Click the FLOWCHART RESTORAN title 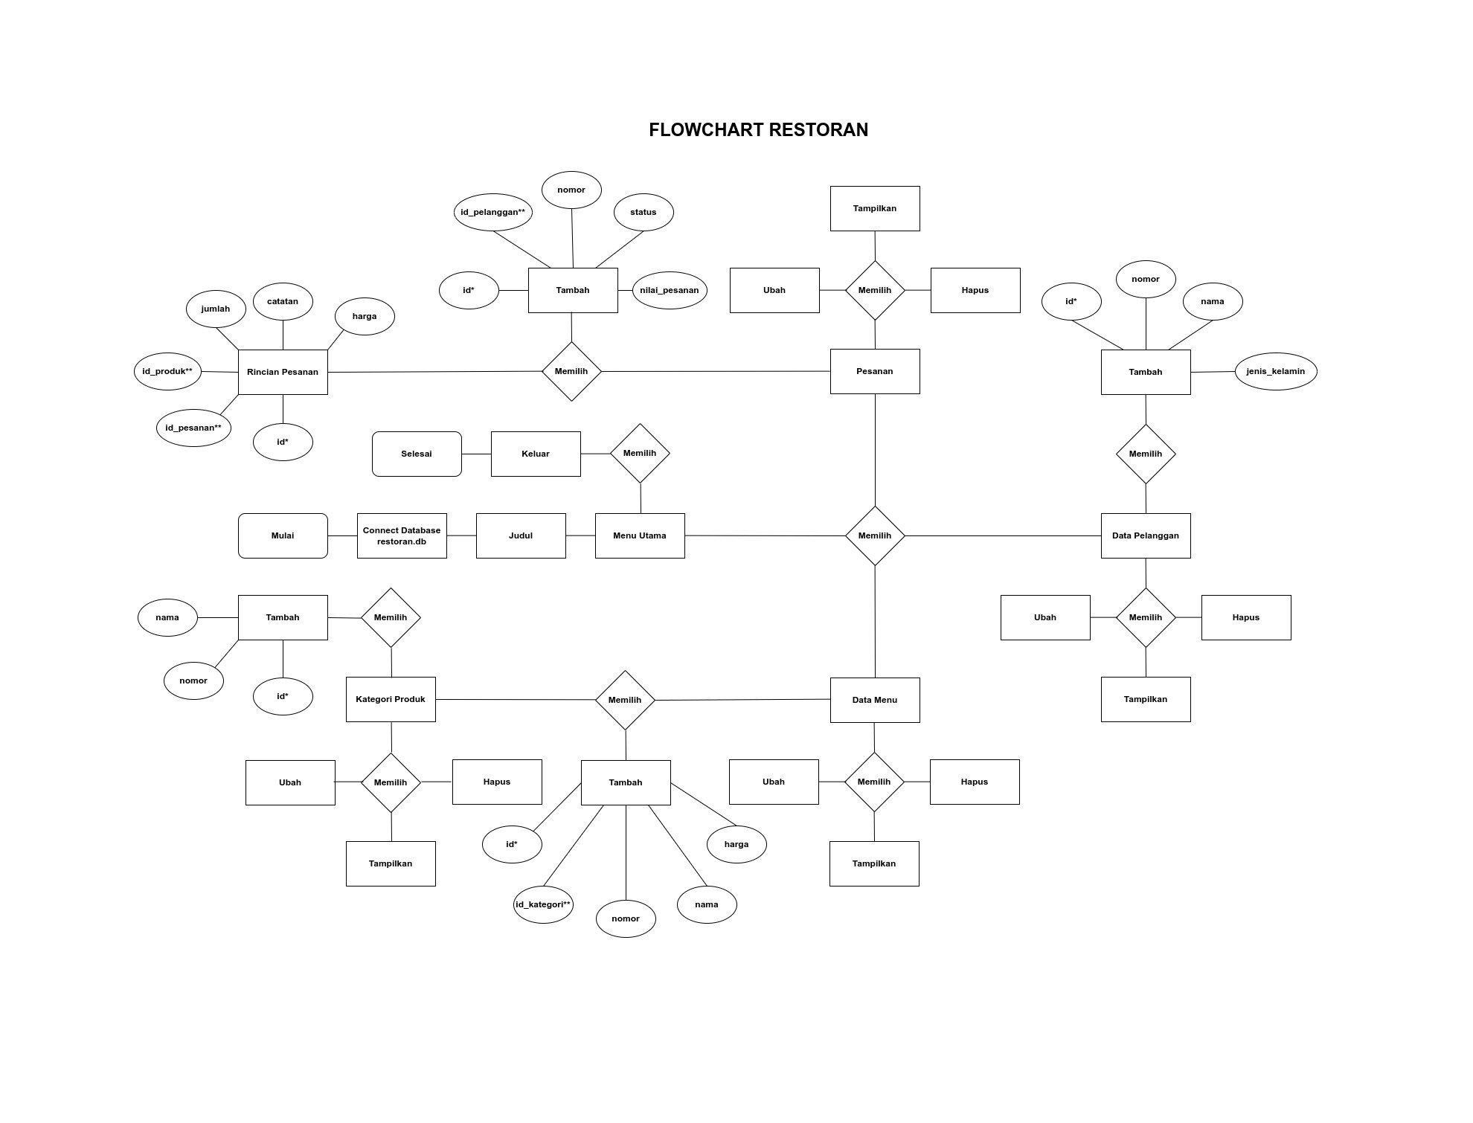click(758, 130)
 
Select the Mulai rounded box click(283, 535)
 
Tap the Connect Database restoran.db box click(402, 535)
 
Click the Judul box click(521, 535)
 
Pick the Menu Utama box click(640, 535)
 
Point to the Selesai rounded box click(417, 454)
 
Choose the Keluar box click(536, 454)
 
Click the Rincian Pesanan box click(283, 372)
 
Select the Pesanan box click(875, 371)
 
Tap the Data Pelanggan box click(1146, 535)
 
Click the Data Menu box click(875, 700)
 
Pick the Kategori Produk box click(391, 699)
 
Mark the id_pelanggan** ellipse click(492, 213)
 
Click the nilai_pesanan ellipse click(670, 290)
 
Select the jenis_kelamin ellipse click(1276, 371)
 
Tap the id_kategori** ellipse click(543, 905)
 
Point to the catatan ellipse click(283, 301)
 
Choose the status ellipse click(644, 213)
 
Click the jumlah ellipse click(216, 309)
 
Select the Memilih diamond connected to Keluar click(640, 454)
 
